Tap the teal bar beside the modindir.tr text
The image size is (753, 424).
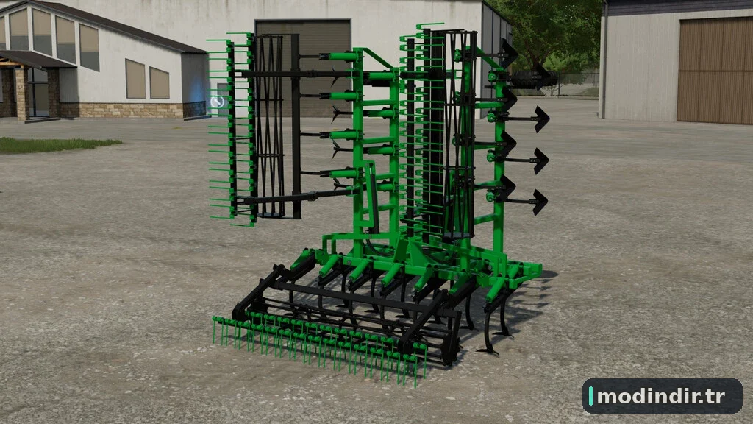point(590,396)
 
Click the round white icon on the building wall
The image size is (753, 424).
point(217,102)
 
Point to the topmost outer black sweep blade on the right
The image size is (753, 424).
point(541,119)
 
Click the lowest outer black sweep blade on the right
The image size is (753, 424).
point(540,202)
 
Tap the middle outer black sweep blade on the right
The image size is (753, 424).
point(540,160)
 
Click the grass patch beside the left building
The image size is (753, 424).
point(55,145)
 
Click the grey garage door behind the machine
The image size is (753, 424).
point(303,67)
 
